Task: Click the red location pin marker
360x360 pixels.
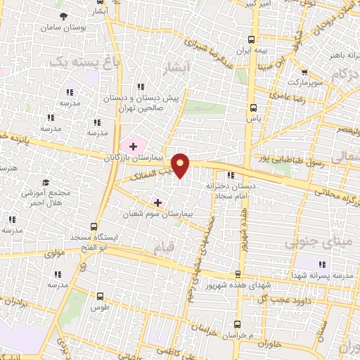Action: pos(181,165)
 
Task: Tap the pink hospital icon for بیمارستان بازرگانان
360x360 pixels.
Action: pos(133,146)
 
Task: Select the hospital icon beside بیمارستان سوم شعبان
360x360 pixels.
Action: pos(157,202)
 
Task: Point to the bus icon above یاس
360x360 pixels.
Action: pos(254,107)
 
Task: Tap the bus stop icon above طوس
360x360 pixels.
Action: pos(99,297)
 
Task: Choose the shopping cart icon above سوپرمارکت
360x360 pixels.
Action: pos(304,72)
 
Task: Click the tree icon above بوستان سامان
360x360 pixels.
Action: pos(64,15)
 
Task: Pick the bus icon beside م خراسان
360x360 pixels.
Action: pos(237,324)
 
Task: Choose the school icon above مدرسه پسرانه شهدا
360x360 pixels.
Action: pos(322,264)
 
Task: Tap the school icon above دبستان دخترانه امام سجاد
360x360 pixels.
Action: pos(230,176)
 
